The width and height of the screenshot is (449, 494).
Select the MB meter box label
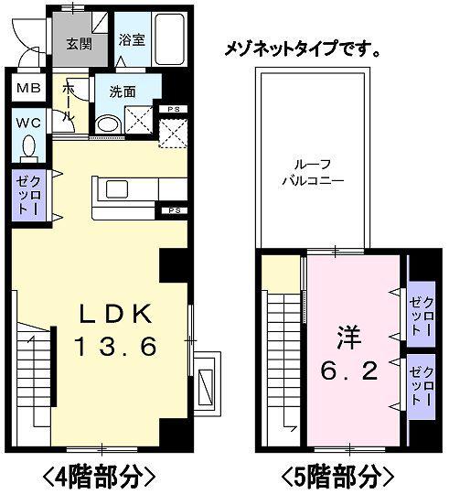25,90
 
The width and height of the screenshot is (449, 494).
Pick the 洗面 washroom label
123,91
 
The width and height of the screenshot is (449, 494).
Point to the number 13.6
116,347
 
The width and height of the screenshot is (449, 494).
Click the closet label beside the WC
23,195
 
